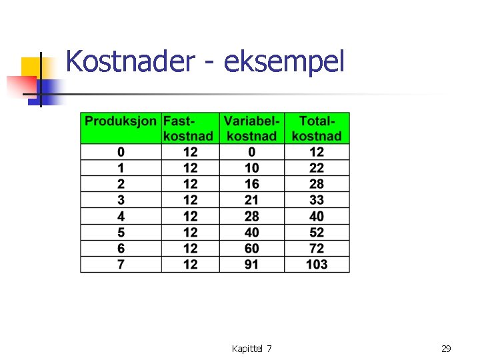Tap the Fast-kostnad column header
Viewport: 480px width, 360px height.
coord(190,128)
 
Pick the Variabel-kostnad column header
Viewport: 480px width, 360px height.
coord(251,128)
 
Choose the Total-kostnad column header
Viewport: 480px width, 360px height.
coord(317,128)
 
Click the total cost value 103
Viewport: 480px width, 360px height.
coord(317,265)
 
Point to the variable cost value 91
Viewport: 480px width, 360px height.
coord(251,265)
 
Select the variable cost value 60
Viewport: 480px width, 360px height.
coord(251,249)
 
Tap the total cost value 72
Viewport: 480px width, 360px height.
coord(317,249)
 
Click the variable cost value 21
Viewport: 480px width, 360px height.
coord(251,200)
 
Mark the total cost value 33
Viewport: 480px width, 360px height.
coord(317,200)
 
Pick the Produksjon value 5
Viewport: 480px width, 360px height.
coord(121,233)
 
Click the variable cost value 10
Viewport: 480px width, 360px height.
coord(251,168)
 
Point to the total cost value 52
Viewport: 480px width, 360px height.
coord(317,233)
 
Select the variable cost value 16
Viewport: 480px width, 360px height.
coord(251,184)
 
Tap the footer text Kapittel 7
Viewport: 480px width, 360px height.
coord(251,349)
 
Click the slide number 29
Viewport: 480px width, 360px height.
coord(446,349)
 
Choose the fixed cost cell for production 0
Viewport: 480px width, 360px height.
coord(190,152)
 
